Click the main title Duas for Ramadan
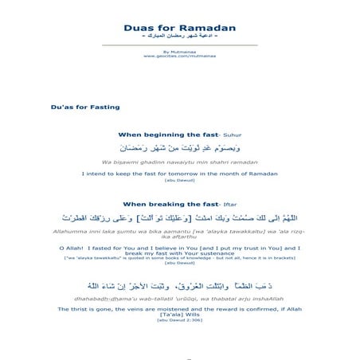(x=179, y=29)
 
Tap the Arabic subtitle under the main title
(x=179, y=39)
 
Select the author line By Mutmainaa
(x=179, y=53)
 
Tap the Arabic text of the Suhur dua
(x=179, y=148)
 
